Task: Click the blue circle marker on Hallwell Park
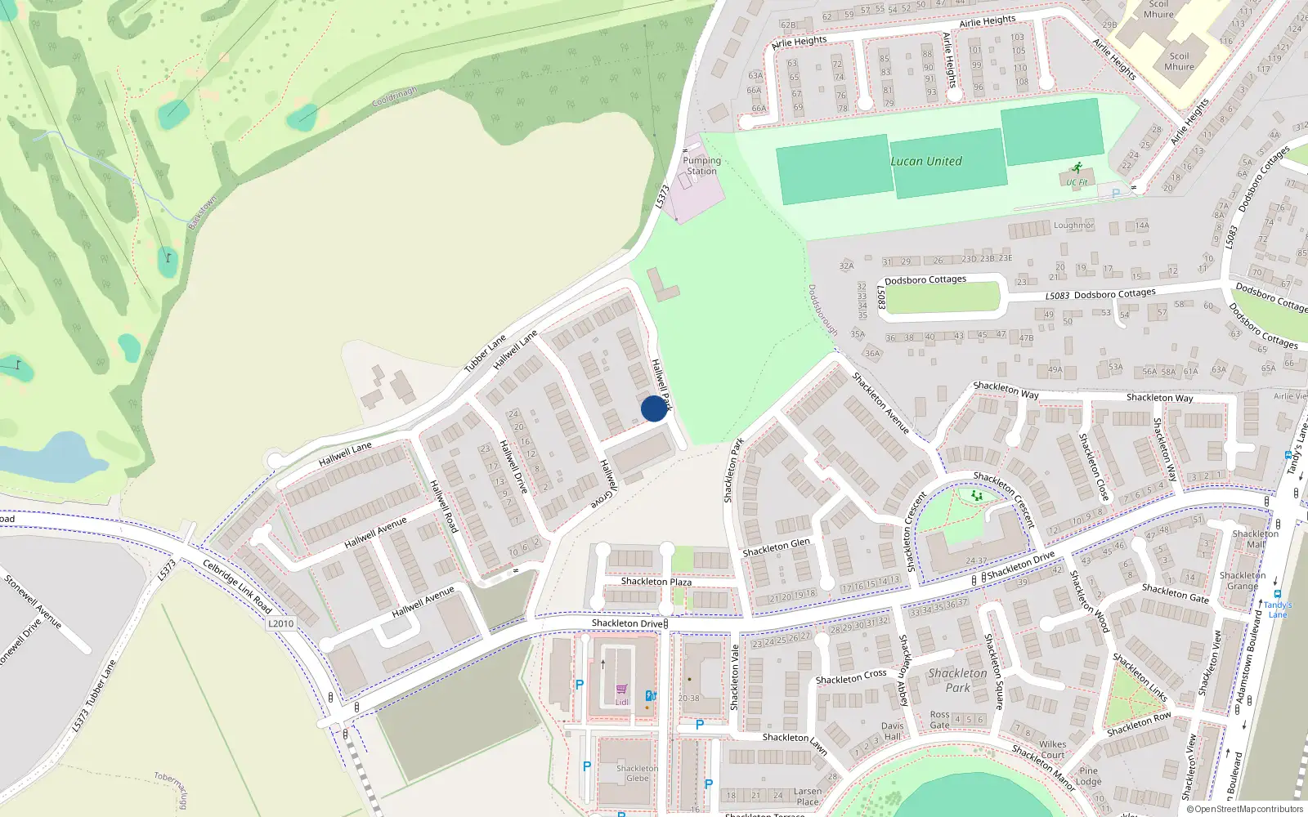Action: tap(654, 408)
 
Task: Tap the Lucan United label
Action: tap(926, 161)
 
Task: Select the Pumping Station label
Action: tap(701, 166)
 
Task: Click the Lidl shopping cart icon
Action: tap(622, 690)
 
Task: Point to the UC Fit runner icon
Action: tap(1077, 168)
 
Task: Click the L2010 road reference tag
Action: tap(280, 623)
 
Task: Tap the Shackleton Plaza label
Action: tap(656, 582)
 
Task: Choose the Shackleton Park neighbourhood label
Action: tap(957, 681)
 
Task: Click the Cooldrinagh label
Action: tap(394, 98)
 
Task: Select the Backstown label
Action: tap(202, 212)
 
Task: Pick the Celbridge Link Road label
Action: tap(237, 587)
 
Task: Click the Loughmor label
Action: tap(1073, 225)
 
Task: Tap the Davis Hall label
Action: tap(892, 730)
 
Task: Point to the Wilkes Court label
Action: tap(1052, 749)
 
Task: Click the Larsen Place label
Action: tap(808, 796)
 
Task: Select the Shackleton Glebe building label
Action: tap(637, 773)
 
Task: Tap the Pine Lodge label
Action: tap(1088, 775)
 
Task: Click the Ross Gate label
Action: tap(939, 719)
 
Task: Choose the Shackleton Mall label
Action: tap(1255, 539)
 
